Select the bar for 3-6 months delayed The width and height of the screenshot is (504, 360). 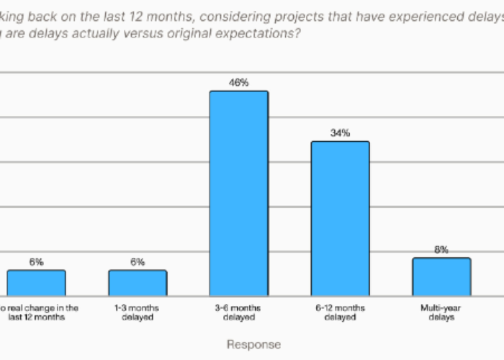238,193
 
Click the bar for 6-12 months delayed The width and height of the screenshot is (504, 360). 340,218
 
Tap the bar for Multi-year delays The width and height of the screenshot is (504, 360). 441,276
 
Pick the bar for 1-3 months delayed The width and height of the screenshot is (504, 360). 138,282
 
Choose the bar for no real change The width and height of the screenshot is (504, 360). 36,282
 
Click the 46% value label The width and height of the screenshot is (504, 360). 238,83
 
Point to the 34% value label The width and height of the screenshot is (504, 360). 340,133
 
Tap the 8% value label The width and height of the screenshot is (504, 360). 441,250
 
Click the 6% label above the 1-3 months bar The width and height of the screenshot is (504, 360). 138,262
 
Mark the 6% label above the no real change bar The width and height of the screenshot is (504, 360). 36,262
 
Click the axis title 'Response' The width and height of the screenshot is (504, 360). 253,345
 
